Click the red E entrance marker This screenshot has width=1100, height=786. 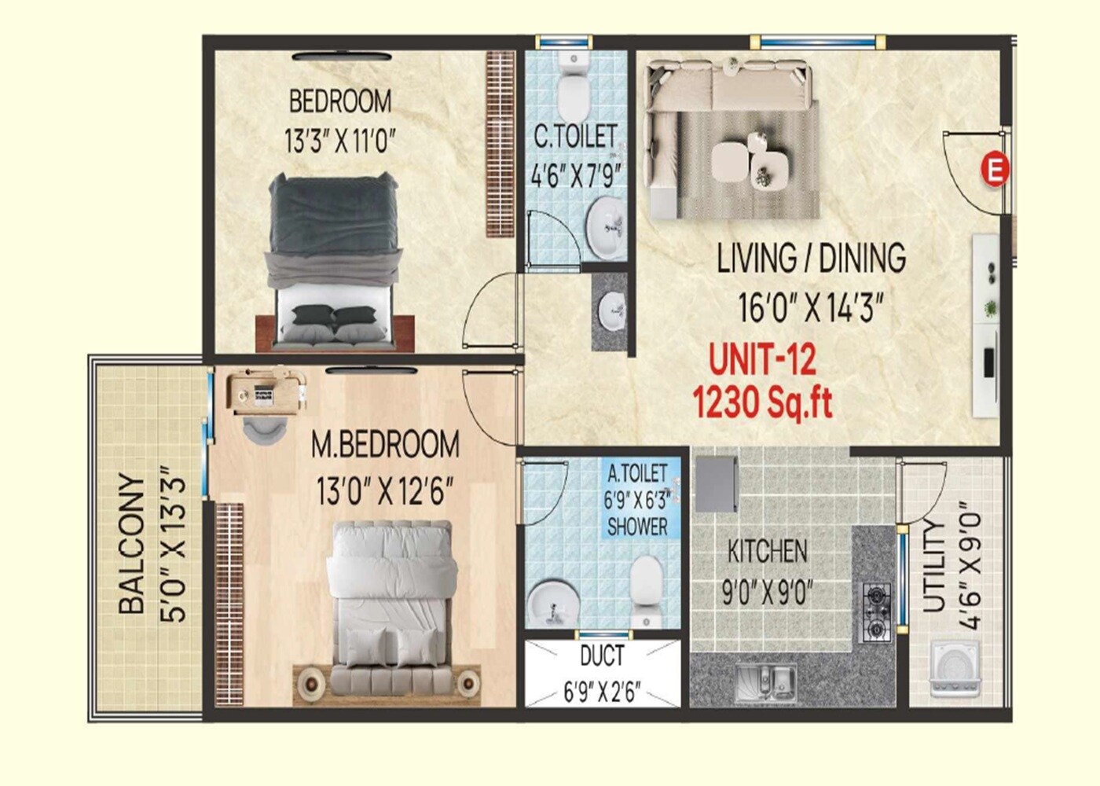(995, 170)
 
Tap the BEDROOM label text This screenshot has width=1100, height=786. (339, 101)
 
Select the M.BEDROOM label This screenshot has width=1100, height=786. (385, 445)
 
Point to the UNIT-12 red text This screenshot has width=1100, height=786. (762, 360)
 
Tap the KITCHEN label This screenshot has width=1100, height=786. (767, 551)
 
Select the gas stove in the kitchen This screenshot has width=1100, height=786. (876, 611)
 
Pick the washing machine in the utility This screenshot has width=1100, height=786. (955, 669)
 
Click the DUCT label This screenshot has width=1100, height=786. (602, 656)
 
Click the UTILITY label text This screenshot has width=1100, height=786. (933, 565)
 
